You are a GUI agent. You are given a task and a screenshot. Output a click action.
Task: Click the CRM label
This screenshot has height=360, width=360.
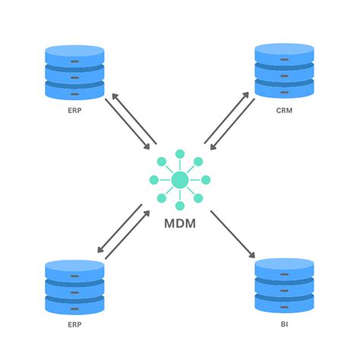pyautogui.click(x=284, y=110)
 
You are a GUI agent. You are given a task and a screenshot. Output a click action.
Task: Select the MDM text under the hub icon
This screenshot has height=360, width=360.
pyautogui.click(x=180, y=225)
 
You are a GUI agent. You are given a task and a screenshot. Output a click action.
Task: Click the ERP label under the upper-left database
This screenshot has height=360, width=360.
pyautogui.click(x=74, y=110)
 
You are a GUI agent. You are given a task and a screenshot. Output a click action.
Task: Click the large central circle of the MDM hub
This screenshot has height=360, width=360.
pyautogui.click(x=180, y=180)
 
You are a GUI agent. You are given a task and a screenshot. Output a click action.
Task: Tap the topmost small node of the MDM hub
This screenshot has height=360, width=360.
pyautogui.click(x=180, y=154)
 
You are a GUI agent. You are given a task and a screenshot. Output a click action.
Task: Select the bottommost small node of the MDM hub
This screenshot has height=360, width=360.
pyautogui.click(x=180, y=206)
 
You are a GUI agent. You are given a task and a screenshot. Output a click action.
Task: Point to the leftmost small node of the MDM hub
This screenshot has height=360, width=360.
pyautogui.click(x=153, y=180)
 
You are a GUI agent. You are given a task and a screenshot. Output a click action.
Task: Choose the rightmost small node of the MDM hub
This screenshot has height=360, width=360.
pyautogui.click(x=206, y=180)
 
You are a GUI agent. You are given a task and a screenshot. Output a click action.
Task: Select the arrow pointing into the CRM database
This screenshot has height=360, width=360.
pyautogui.click(x=226, y=117)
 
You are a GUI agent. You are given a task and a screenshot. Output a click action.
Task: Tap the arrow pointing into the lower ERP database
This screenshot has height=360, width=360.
pyautogui.click(x=120, y=229)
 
